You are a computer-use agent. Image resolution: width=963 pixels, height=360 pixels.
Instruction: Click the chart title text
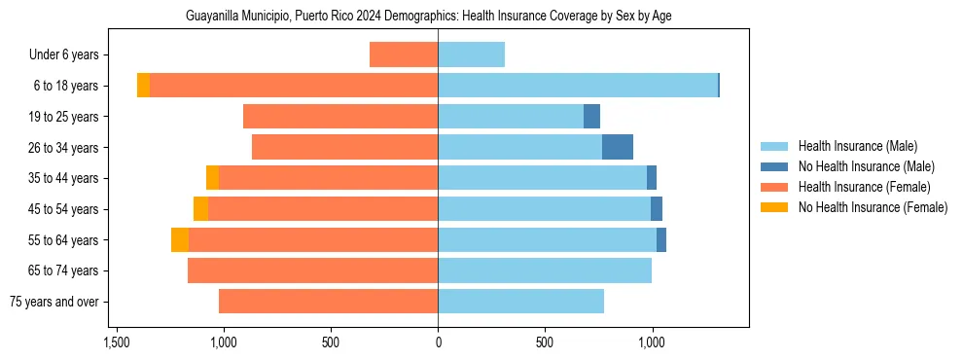428,17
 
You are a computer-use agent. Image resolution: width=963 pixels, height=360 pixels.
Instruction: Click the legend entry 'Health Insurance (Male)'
856,146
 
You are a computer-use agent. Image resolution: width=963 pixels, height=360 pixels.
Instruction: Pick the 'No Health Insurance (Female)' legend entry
873,207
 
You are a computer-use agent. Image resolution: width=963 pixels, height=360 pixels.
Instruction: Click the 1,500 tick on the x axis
116,342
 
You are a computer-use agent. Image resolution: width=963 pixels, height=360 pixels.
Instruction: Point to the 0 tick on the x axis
438,342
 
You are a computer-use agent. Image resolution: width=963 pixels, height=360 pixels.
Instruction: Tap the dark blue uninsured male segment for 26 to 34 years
618,147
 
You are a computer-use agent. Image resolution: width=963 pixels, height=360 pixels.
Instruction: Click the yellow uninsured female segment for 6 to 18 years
143,86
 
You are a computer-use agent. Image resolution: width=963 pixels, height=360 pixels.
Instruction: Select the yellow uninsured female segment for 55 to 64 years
180,239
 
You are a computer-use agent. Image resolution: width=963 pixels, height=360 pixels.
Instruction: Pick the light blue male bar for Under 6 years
471,54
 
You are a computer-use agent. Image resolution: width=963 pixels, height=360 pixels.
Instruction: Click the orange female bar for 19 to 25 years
340,117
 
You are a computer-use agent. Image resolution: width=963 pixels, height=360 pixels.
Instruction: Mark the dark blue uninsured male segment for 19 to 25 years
591,117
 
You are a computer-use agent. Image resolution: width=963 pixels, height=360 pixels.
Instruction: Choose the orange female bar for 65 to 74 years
312,270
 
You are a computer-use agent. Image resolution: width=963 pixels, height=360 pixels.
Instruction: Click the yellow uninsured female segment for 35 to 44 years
212,178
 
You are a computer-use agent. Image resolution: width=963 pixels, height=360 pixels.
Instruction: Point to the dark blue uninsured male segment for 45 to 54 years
657,209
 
